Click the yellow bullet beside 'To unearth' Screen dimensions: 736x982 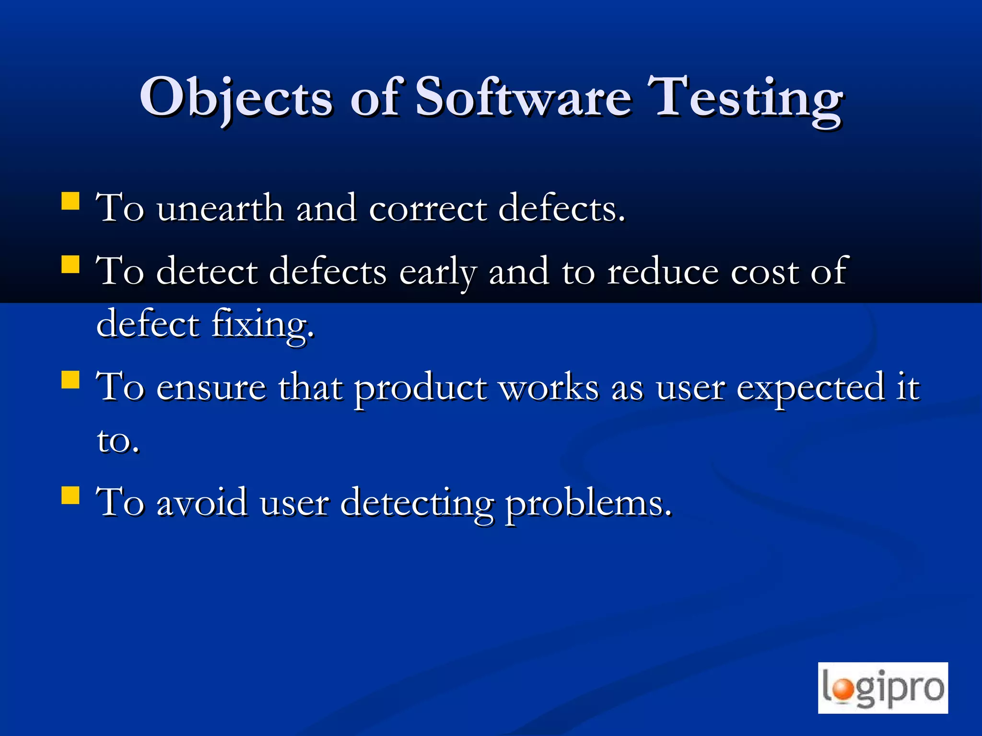tap(70, 201)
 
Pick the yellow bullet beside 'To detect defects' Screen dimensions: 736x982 tap(70, 264)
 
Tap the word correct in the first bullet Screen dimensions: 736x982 tap(428, 209)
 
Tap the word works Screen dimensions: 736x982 tap(549, 387)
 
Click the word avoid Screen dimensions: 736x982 tap(202, 503)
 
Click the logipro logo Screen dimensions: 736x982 tap(883, 688)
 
